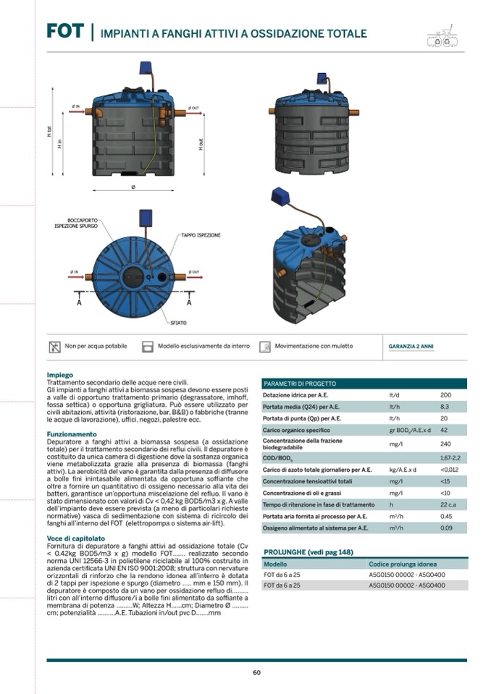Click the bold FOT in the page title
(64, 31)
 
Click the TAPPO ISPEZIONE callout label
(201, 236)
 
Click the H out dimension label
(201, 144)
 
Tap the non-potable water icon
(54, 347)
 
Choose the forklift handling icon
(265, 347)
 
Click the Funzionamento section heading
(71, 434)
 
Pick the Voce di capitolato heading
(75, 538)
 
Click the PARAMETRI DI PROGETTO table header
(300, 384)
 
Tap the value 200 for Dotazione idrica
(445, 396)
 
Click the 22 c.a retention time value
(448, 504)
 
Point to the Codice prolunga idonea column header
(403, 564)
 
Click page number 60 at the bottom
(256, 673)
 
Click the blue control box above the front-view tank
(146, 68)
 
